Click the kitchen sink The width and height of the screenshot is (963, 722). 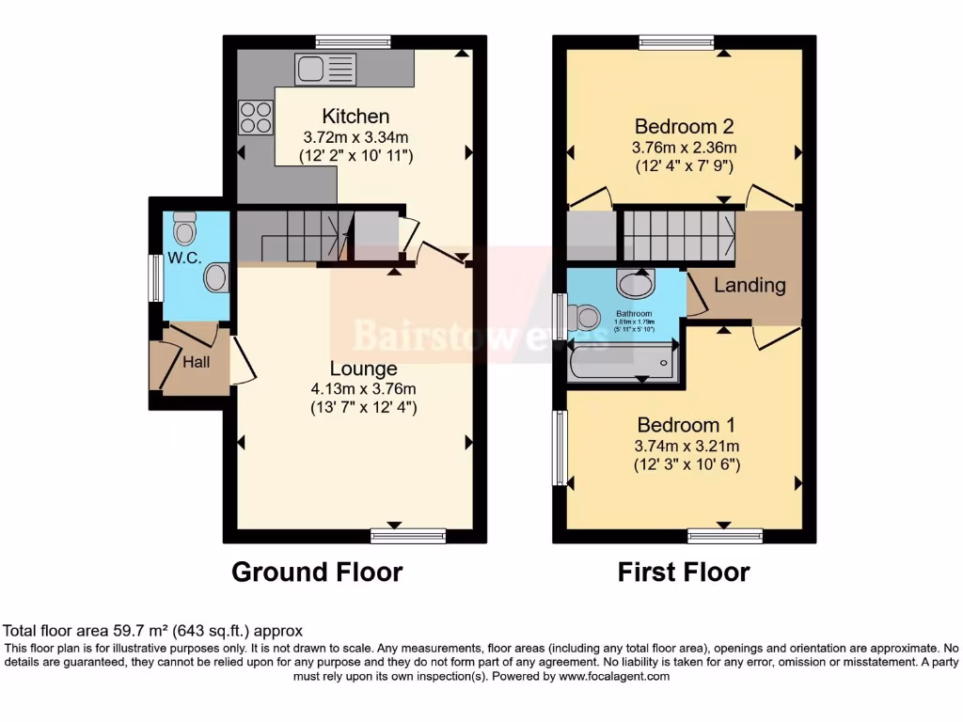click(x=325, y=70)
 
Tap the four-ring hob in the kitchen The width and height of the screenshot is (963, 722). click(x=255, y=118)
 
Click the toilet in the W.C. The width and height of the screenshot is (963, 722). click(x=185, y=228)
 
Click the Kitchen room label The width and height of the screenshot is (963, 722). click(x=355, y=117)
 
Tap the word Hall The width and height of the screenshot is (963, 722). click(x=197, y=362)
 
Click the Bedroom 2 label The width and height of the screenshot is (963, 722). click(x=684, y=127)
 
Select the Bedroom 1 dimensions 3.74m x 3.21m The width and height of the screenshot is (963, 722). click(x=687, y=446)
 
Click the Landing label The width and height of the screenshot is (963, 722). click(x=750, y=285)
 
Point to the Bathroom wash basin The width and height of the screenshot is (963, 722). click(x=637, y=281)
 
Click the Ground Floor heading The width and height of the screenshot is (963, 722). click(x=317, y=572)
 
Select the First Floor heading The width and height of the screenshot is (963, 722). click(x=684, y=572)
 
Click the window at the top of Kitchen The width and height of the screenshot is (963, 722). click(x=353, y=41)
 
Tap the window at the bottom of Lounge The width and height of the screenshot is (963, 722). click(x=407, y=536)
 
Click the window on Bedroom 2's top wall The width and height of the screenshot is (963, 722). click(x=676, y=41)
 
